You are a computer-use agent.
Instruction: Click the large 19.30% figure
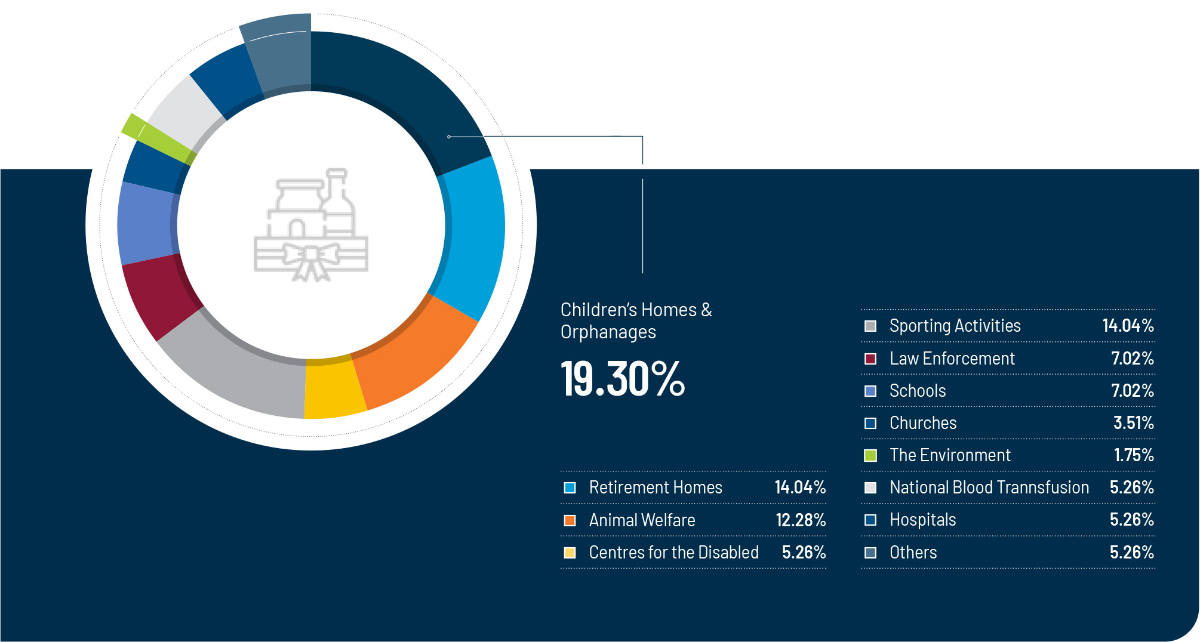623,379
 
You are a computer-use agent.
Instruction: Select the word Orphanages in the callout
608,332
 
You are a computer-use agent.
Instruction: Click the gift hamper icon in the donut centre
311,227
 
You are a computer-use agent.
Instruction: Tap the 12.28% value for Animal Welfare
801,520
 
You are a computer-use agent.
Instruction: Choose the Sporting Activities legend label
955,326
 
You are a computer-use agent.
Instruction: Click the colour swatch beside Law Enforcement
870,359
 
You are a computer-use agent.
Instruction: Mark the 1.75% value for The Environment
1133,455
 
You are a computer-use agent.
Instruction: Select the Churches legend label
923,423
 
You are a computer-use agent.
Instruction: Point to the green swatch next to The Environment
870,455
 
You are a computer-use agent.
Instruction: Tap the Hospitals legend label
922,520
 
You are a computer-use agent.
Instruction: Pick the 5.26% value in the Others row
1131,553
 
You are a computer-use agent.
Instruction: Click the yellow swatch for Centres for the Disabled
570,553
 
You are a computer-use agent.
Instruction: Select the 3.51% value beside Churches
1133,423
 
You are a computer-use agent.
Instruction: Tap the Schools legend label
918,391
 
